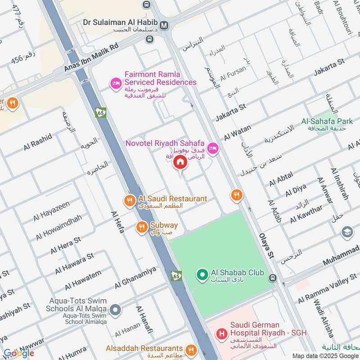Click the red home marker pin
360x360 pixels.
[180, 162]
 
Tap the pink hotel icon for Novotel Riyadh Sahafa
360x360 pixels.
[212, 148]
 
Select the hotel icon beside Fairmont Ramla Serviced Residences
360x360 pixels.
[116, 83]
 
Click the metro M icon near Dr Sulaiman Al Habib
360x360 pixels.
[165, 25]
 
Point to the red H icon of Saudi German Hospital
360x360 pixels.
[221, 334]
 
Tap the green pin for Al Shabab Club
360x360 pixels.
[202, 274]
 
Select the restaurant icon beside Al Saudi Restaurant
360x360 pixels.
[130, 201]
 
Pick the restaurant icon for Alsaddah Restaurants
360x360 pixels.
[191, 350]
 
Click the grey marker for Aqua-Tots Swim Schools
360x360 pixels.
[116, 309]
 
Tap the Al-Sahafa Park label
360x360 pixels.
[327, 121]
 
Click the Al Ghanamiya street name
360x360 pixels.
[135, 277]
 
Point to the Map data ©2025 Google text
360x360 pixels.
[325, 355]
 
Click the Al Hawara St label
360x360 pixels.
[74, 263]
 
